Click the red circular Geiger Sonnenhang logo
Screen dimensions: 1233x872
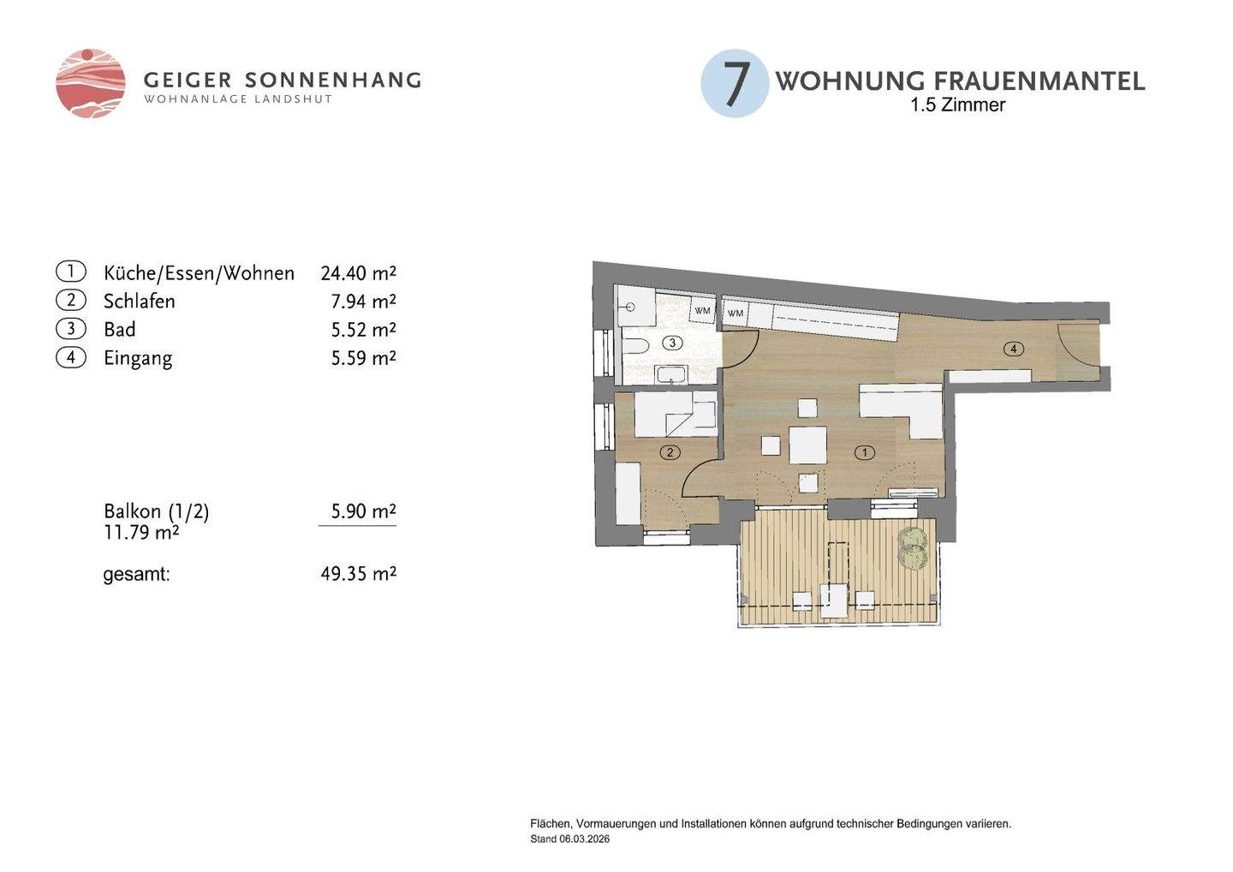tap(90, 84)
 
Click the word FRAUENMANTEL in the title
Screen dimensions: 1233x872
tap(1039, 81)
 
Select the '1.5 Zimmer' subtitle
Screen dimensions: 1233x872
tap(957, 105)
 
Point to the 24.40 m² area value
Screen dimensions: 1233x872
tap(358, 273)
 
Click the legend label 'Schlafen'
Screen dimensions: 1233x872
tap(140, 302)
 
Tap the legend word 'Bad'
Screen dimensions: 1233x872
tap(120, 329)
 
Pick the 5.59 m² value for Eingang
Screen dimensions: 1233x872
tap(363, 358)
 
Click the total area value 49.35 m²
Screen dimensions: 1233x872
tap(358, 574)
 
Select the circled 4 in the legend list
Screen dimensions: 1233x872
tap(71, 358)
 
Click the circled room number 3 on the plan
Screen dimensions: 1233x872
tap(672, 343)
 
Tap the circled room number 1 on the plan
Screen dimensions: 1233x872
tap(865, 452)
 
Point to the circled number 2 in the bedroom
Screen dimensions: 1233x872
tap(670, 452)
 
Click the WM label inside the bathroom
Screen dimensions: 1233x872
tap(702, 311)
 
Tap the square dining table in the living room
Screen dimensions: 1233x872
tap(807, 445)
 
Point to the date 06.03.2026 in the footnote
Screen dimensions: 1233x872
tap(585, 839)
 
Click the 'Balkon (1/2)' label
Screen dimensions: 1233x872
tap(157, 511)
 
